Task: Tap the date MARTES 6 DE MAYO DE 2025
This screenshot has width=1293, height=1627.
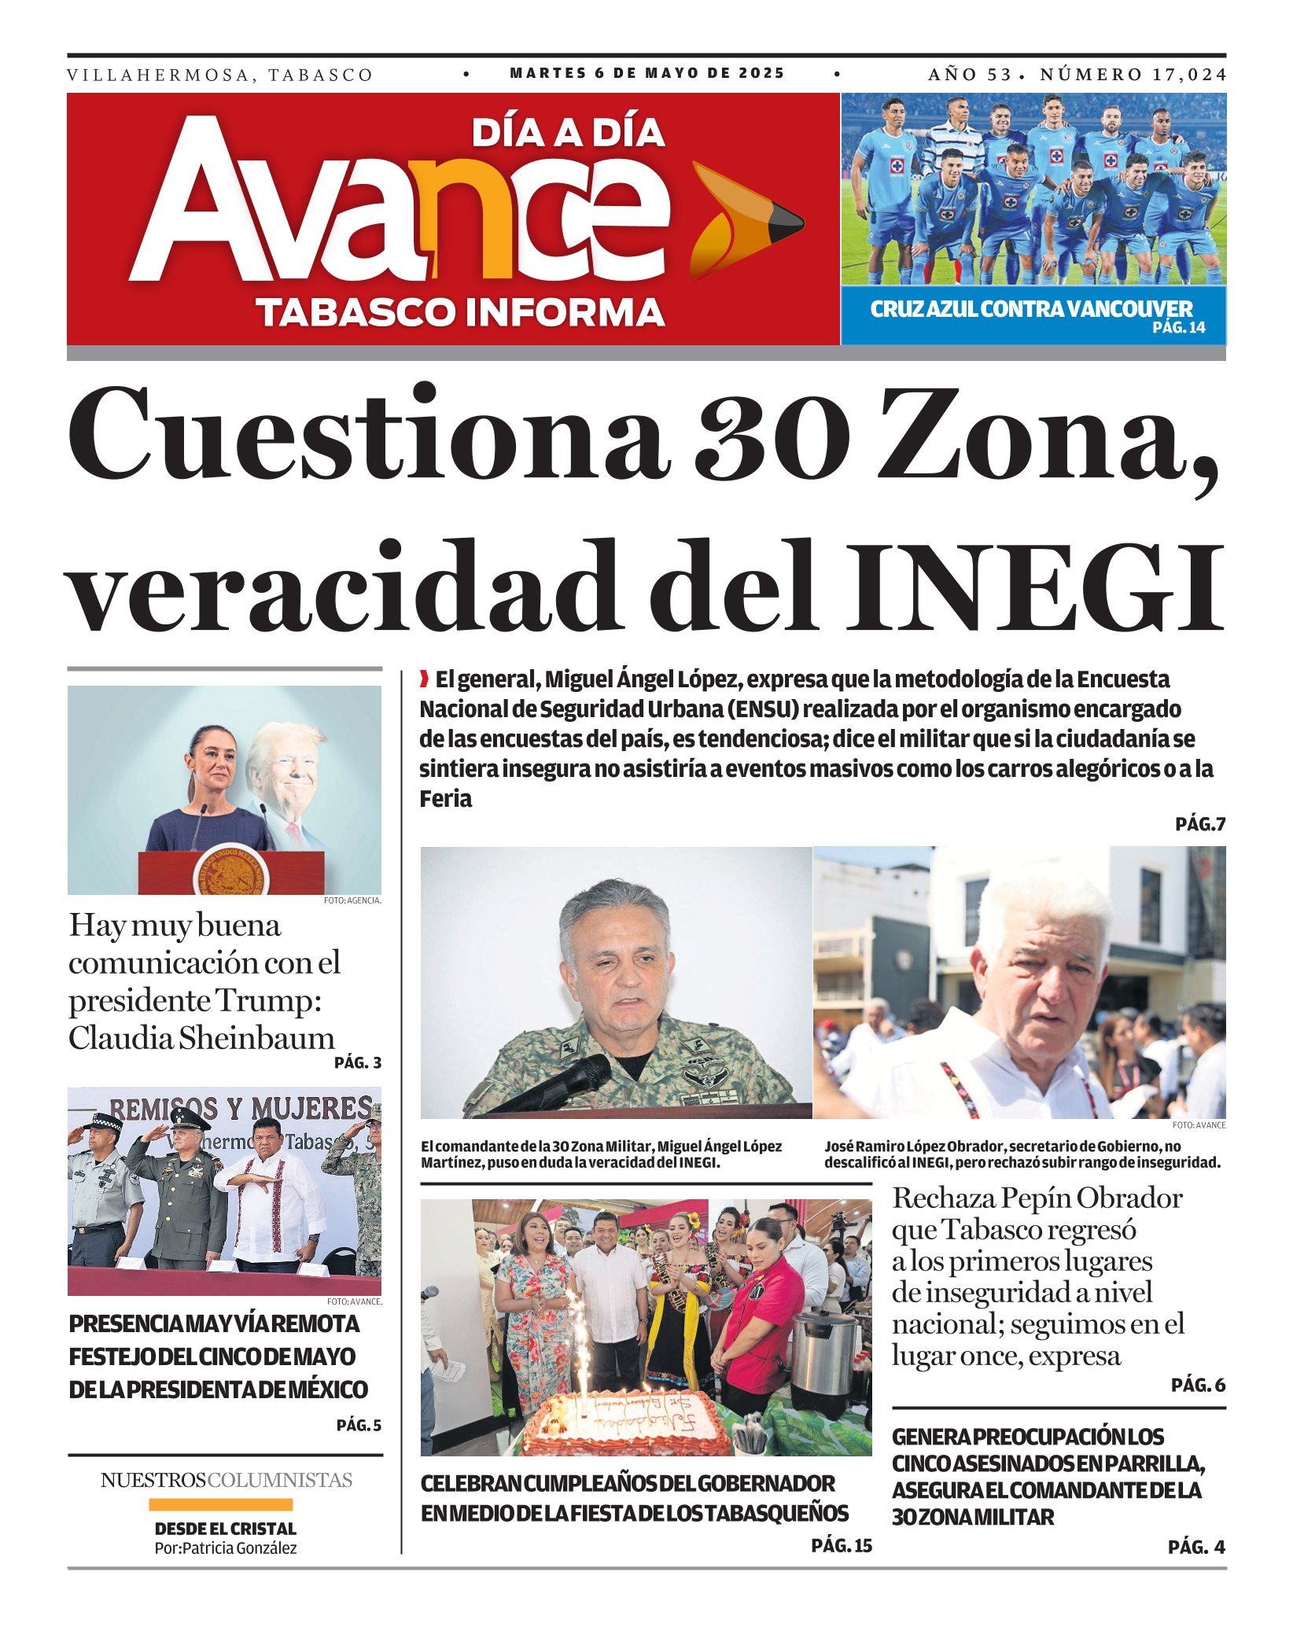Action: [x=646, y=74]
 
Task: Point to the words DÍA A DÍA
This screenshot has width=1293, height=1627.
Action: [x=568, y=133]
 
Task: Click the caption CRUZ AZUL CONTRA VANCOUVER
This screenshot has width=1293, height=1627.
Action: [x=1030, y=309]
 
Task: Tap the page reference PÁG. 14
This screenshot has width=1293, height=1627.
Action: [x=1178, y=328]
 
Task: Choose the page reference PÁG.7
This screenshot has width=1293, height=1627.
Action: [x=1200, y=824]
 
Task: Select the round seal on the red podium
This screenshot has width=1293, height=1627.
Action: [x=231, y=872]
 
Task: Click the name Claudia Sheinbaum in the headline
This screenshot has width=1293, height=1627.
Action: [x=201, y=1038]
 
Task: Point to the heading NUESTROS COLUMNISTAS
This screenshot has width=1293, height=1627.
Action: [x=226, y=1480]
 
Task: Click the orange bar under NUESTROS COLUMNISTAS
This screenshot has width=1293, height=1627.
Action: [x=220, y=1504]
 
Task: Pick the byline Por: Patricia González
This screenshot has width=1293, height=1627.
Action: [x=226, y=1548]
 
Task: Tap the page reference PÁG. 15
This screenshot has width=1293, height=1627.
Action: [x=842, y=1545]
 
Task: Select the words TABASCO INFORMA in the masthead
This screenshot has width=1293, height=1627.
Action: [x=460, y=312]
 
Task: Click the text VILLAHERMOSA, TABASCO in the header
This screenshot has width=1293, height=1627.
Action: [x=219, y=75]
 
